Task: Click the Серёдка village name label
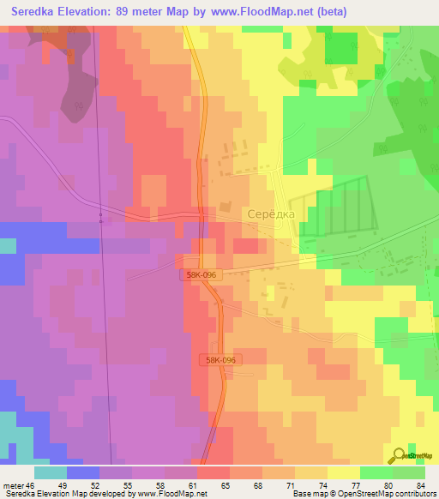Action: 270,214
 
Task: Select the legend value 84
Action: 420,484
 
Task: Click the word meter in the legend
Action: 13,484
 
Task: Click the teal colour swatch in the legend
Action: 50,472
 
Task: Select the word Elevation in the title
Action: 90,12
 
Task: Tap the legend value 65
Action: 225,484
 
